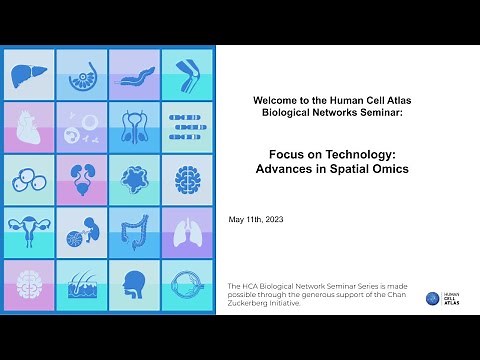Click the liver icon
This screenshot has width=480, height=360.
point(29,74)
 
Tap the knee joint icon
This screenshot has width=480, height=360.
point(186,74)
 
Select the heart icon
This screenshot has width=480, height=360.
point(29,127)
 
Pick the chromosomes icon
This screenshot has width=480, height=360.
point(186,127)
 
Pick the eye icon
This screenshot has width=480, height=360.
point(186,285)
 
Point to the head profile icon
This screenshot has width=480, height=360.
point(134,285)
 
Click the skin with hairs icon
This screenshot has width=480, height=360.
point(82,285)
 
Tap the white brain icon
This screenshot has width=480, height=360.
point(29,285)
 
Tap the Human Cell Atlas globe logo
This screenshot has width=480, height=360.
point(432,298)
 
